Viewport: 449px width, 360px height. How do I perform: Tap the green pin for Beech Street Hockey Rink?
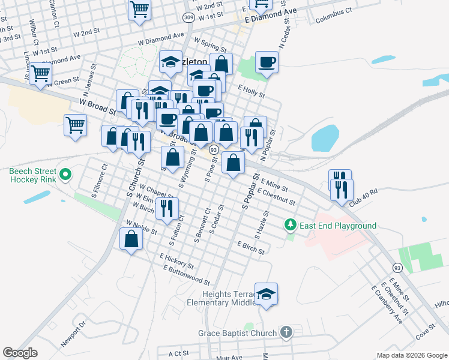coord(66,175)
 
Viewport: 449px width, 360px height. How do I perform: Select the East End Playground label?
coord(339,226)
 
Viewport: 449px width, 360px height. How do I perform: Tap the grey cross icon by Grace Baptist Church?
coord(286,332)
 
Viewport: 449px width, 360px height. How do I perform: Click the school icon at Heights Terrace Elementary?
coord(266,294)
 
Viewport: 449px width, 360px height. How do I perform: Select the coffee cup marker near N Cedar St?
coord(266,62)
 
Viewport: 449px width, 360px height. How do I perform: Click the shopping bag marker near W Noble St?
coord(131,239)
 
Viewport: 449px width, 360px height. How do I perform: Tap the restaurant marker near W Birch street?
coord(166,208)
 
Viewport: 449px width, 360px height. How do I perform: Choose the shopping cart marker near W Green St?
coord(41,74)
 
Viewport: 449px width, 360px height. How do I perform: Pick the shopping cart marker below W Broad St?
coord(76,125)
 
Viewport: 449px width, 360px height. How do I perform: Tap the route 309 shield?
coord(188,17)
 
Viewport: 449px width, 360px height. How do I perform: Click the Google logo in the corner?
coord(20,353)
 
